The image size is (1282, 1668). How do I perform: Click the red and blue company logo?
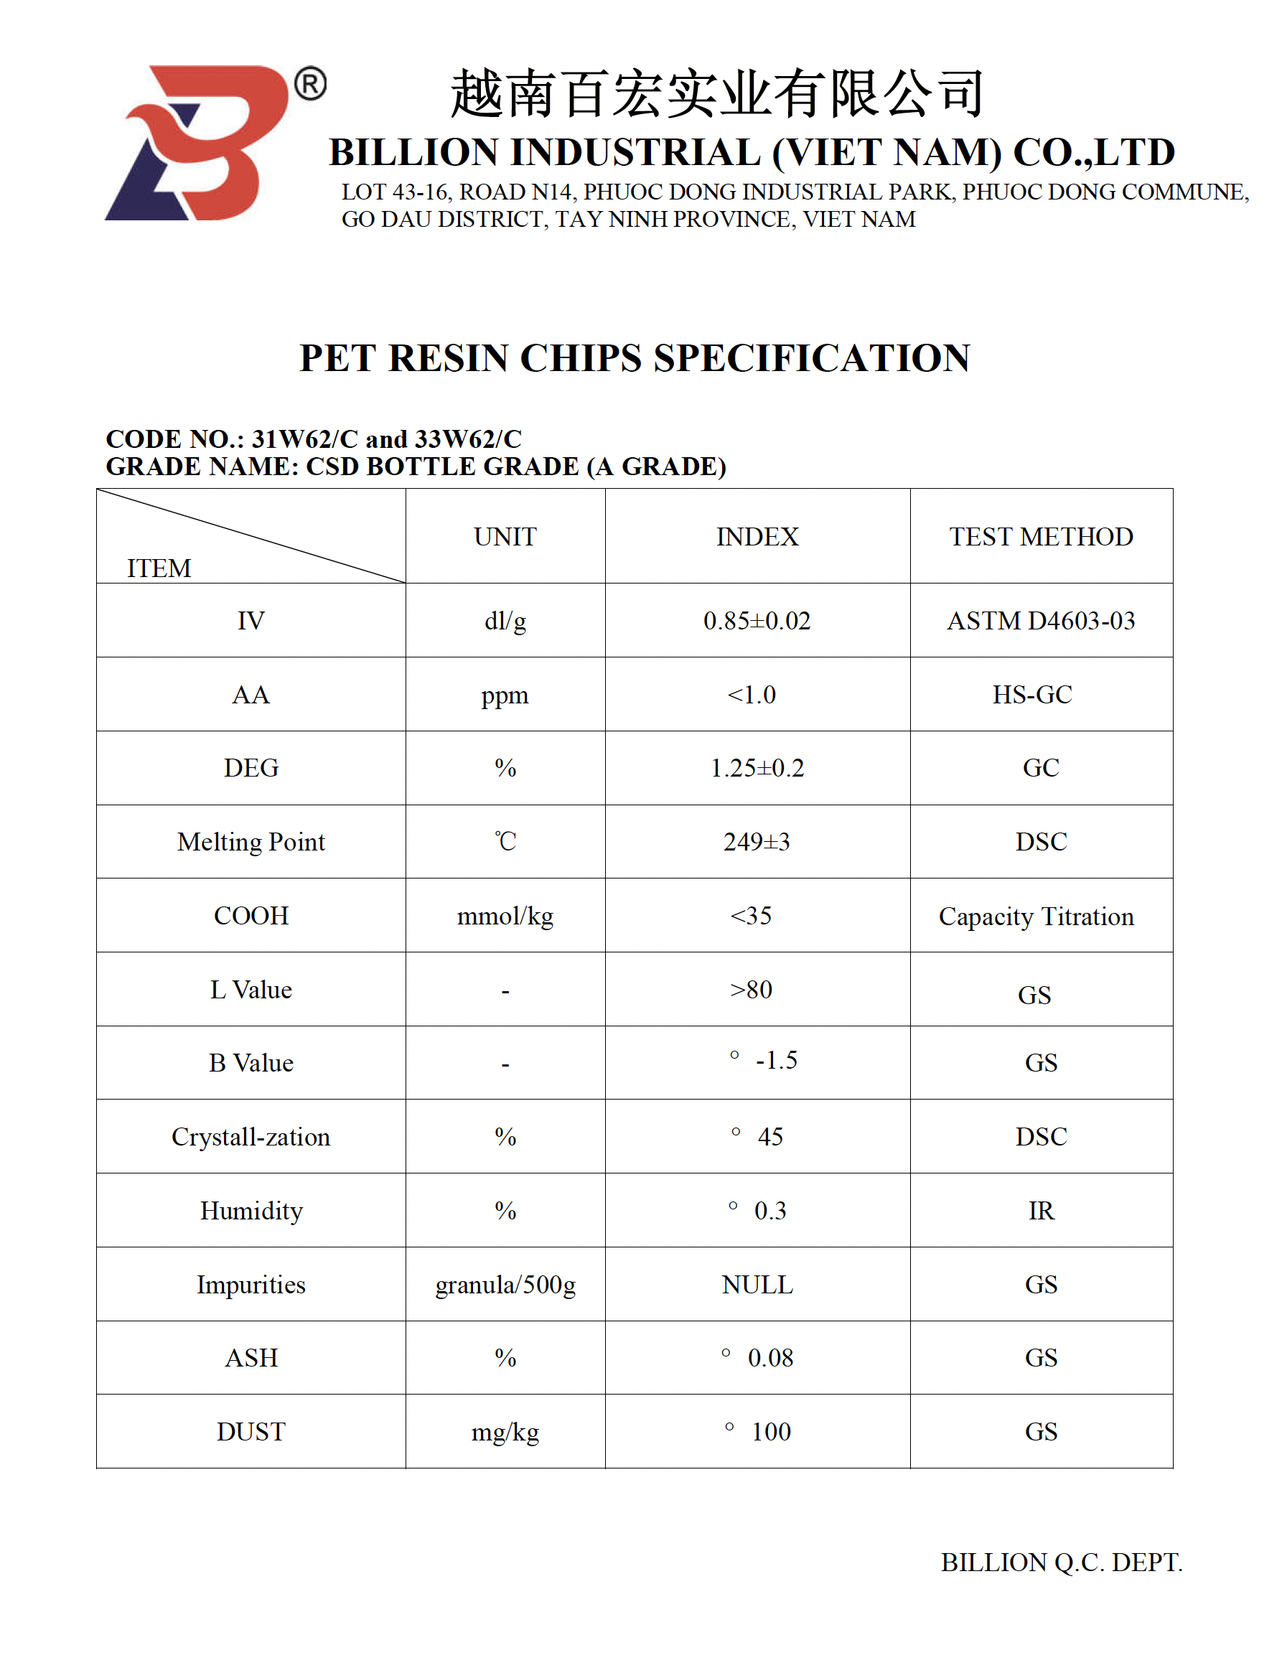click(x=197, y=144)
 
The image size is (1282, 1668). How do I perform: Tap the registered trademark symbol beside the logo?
click(x=311, y=84)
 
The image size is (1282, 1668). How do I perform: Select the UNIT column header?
click(x=505, y=536)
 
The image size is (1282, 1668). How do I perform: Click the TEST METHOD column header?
click(x=1041, y=536)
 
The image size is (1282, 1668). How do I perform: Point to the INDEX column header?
click(x=757, y=536)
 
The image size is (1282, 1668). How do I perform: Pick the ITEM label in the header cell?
click(x=159, y=568)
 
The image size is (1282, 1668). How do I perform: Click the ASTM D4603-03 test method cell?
click(x=1041, y=620)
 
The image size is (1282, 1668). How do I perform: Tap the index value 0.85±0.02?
click(x=757, y=620)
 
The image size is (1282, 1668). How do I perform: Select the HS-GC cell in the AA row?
click(x=1031, y=694)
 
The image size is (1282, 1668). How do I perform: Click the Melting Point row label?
click(x=251, y=842)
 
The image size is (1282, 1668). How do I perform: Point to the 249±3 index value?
click(x=757, y=842)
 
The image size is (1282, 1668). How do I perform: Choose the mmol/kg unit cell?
click(x=505, y=916)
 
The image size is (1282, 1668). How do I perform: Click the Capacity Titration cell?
click(x=1037, y=916)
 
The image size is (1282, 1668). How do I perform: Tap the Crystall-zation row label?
click(x=251, y=1137)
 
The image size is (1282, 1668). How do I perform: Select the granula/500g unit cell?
click(x=505, y=1285)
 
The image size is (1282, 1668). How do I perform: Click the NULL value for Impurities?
click(x=757, y=1285)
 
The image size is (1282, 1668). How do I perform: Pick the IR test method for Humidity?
click(x=1041, y=1211)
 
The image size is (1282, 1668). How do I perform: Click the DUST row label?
click(x=251, y=1432)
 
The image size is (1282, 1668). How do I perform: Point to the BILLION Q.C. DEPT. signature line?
click(x=1062, y=1562)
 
